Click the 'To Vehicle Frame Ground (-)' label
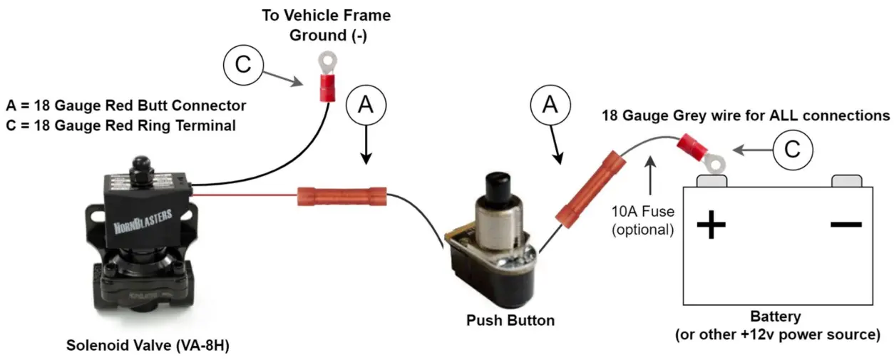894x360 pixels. (x=327, y=25)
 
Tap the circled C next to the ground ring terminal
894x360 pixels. (x=243, y=65)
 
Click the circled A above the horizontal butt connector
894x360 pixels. (x=365, y=105)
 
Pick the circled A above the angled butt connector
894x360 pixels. (x=550, y=105)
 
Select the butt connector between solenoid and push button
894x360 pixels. (x=341, y=195)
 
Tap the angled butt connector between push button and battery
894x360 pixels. (x=585, y=189)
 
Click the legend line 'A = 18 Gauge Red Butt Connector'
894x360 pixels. (x=126, y=106)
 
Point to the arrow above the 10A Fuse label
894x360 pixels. (x=651, y=178)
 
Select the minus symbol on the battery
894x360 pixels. (x=846, y=224)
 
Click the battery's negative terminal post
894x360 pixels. (x=846, y=181)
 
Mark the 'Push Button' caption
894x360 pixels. (x=510, y=321)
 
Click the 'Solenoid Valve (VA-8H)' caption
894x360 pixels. (x=148, y=346)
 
